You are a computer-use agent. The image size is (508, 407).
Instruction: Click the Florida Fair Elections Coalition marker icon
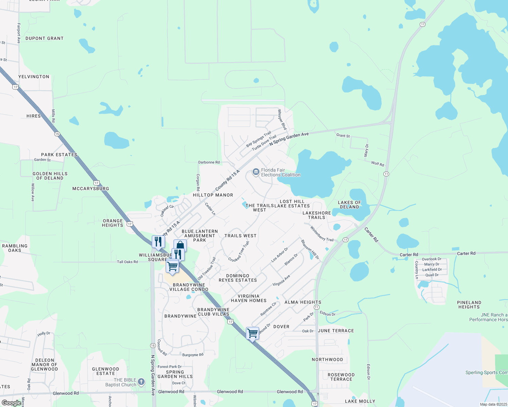tap(256, 172)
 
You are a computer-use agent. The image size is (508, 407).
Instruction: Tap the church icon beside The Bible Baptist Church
tap(141, 382)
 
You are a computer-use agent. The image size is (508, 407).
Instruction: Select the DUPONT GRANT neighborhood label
tap(44, 39)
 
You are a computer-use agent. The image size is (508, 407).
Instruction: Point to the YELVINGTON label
tap(34, 77)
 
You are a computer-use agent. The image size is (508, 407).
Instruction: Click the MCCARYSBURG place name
tap(91, 189)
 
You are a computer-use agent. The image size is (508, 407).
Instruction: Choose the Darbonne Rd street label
tap(209, 162)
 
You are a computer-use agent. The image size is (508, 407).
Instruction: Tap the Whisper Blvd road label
tap(282, 119)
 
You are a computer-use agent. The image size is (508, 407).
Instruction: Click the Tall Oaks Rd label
tap(127, 262)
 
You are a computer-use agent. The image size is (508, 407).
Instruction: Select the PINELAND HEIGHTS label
tap(469, 305)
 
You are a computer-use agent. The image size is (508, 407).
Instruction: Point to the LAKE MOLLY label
tap(360, 401)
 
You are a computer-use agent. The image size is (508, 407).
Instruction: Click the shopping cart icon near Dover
tap(252, 333)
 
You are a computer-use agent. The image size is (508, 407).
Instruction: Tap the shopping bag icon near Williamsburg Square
tap(180, 245)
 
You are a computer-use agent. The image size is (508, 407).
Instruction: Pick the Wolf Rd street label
tap(378, 164)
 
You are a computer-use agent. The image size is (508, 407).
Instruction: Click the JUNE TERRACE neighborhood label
tap(336, 331)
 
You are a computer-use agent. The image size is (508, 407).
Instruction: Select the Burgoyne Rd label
tap(193, 355)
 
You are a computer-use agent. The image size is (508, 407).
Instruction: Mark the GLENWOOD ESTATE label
tap(106, 371)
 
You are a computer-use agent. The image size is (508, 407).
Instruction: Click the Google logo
tap(11, 403)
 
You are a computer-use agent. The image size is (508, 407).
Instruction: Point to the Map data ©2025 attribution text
tap(493, 404)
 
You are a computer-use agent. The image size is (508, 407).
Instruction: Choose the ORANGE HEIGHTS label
tap(113, 223)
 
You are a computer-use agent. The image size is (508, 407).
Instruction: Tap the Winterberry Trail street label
tap(322, 234)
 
